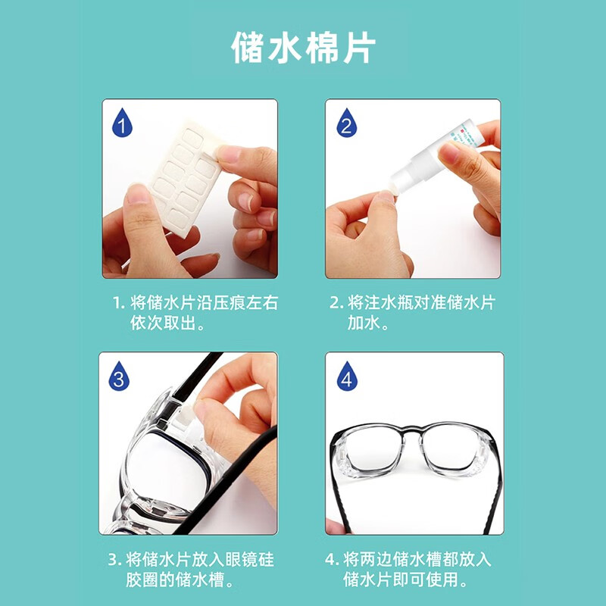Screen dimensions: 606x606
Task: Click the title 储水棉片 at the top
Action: [x=303, y=48]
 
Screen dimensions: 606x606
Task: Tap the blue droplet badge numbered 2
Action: [x=346, y=123]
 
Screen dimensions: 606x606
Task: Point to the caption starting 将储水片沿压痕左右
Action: [x=195, y=303]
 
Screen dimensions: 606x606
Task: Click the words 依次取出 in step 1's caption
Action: [x=162, y=323]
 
